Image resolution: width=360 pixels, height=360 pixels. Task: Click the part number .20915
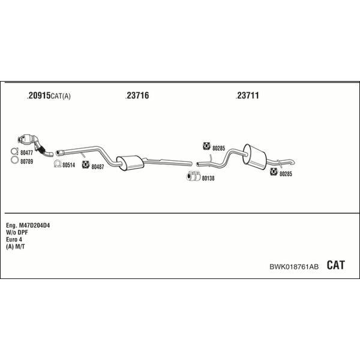(x=39, y=95)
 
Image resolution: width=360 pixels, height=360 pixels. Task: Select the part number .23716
(x=137, y=95)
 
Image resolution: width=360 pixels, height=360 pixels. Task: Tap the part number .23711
(x=247, y=95)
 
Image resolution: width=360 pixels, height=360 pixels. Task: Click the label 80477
(x=26, y=152)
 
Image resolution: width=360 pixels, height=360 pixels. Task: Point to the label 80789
(x=26, y=161)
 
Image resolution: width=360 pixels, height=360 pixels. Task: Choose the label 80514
(x=68, y=165)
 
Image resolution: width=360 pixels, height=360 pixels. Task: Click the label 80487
(x=98, y=167)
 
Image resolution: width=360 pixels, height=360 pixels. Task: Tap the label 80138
(x=208, y=178)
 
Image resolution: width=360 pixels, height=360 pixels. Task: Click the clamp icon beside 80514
(x=58, y=164)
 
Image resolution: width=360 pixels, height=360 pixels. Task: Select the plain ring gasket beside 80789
(x=14, y=160)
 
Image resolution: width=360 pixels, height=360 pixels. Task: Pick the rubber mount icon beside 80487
(x=86, y=164)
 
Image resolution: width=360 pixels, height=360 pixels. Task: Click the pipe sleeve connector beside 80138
(x=193, y=176)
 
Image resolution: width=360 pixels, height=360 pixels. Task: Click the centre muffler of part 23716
(x=130, y=163)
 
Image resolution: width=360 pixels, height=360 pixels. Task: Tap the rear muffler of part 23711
(x=255, y=157)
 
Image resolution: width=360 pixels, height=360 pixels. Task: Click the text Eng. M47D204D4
(x=28, y=226)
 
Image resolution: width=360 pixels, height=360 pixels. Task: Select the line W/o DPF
(x=17, y=233)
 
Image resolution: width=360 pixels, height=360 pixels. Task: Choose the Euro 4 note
(x=14, y=239)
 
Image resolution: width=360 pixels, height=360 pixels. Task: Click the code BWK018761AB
(x=294, y=266)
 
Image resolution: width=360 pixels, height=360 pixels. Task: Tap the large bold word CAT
(x=335, y=265)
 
